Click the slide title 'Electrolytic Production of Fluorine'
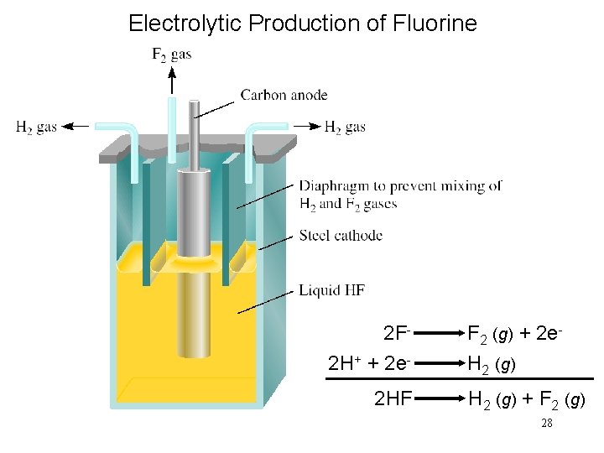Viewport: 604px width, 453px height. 302,23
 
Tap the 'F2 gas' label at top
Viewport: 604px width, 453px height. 171,55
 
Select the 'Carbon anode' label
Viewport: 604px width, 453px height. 284,95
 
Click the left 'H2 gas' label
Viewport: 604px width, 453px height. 36,127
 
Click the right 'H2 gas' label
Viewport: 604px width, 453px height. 345,127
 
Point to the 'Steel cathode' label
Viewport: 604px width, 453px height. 341,236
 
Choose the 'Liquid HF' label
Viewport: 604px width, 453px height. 331,290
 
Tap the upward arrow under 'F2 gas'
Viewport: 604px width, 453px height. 171,82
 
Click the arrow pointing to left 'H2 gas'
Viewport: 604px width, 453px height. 77,126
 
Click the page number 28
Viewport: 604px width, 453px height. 546,424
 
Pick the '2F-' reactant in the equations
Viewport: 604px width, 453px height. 396,334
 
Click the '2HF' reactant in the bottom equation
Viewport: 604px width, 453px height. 393,398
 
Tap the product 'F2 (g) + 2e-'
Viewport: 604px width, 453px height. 513,334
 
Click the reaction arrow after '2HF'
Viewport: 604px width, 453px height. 438,398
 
